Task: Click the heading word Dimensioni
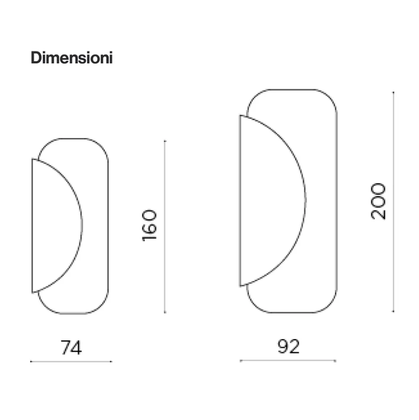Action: click(x=71, y=58)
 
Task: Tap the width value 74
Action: click(x=71, y=348)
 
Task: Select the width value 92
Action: click(x=288, y=346)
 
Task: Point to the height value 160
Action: click(x=149, y=225)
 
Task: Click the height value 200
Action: click(x=378, y=201)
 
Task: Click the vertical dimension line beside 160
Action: click(x=165, y=227)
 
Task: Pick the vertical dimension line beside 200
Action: click(x=393, y=202)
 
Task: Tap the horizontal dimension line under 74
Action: click(x=71, y=362)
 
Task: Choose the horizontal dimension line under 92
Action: click(x=288, y=361)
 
